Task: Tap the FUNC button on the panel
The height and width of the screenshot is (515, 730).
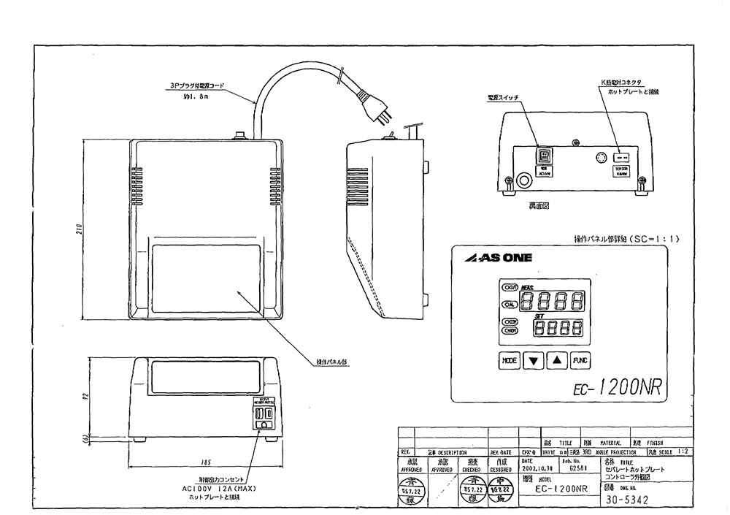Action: [x=580, y=360]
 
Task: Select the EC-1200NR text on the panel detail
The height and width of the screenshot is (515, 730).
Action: [x=613, y=386]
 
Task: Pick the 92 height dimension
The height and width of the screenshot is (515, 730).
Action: [x=85, y=399]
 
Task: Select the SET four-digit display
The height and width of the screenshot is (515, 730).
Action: [x=561, y=329]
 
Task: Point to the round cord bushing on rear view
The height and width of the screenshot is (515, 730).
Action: [x=524, y=180]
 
